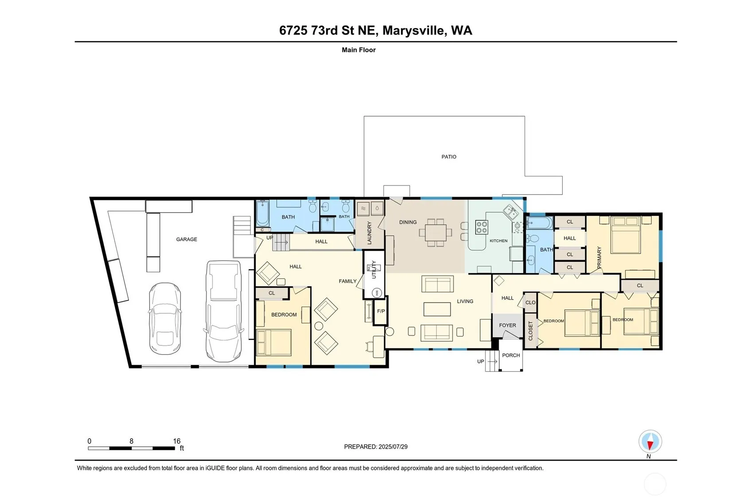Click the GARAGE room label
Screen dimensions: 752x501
coord(186,239)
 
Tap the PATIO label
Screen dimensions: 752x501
coord(449,157)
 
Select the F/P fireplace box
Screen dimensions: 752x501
coord(381,311)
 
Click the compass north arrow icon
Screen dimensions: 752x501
coord(650,442)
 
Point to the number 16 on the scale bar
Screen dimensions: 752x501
coord(176,441)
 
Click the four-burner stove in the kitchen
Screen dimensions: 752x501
coord(482,227)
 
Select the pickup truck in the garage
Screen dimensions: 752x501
coord(223,311)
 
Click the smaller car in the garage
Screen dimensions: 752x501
coord(165,318)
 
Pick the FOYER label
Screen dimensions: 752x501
coord(507,325)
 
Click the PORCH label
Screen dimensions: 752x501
coord(511,355)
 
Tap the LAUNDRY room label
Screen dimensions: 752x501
coord(369,233)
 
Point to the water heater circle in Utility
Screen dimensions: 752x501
coord(377,293)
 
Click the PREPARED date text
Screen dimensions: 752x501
coord(376,446)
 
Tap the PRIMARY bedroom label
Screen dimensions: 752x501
coord(599,258)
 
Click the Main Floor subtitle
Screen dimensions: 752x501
coord(359,50)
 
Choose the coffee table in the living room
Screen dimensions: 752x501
coord(437,309)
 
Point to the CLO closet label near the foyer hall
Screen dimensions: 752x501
coord(530,302)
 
